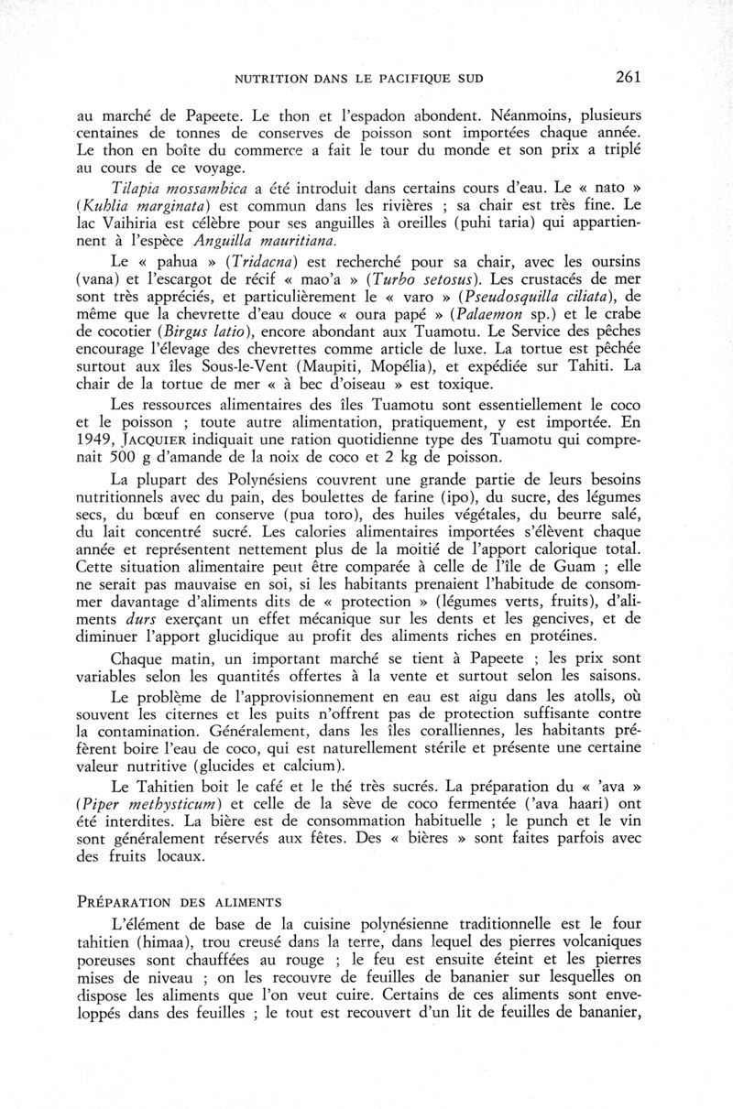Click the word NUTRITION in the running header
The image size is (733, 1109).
(x=270, y=79)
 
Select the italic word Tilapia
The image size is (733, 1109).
(x=137, y=189)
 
